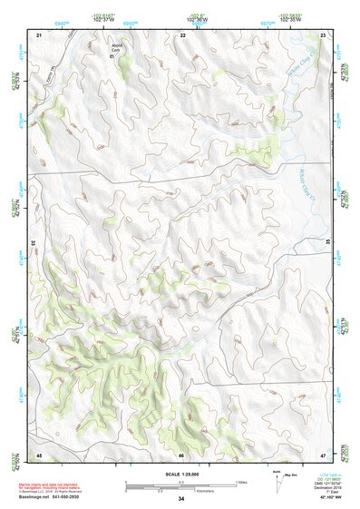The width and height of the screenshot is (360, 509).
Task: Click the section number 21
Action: click(39, 34)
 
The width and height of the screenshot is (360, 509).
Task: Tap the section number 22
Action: click(182, 34)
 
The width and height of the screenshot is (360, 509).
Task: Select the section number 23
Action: click(324, 34)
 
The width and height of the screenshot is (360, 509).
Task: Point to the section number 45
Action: click(39, 454)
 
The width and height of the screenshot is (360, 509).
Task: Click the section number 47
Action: click(324, 454)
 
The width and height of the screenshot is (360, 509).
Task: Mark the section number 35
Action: click(327, 243)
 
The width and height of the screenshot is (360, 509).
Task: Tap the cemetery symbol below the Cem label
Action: click(112, 57)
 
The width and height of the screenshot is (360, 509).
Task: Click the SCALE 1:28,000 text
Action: click(180, 474)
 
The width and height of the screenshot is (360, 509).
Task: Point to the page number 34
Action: click(180, 499)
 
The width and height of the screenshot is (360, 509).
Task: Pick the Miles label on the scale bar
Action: click(240, 481)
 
